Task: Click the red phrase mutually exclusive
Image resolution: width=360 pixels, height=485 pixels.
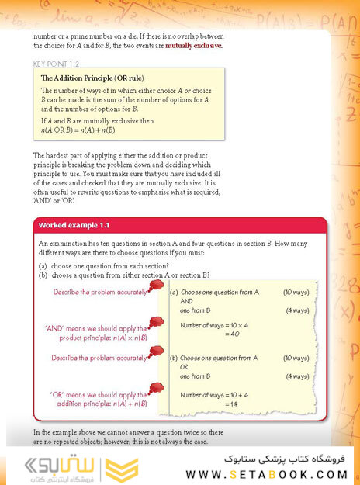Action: point(192,46)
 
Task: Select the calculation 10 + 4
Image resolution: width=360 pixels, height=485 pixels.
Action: point(237,395)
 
